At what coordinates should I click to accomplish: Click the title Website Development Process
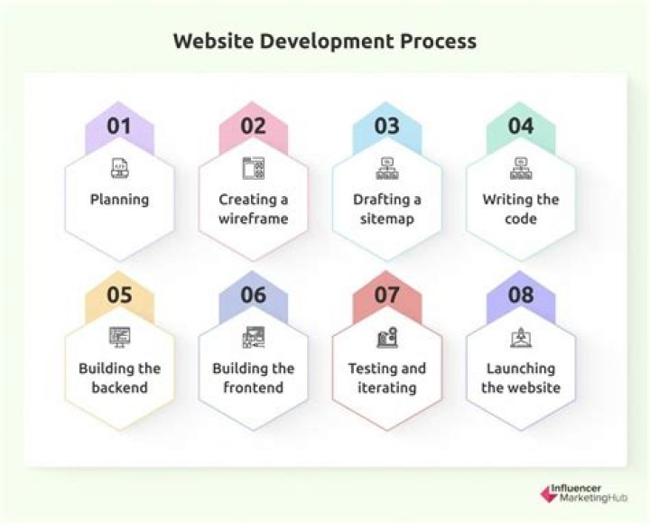[325, 42]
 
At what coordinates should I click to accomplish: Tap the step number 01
[119, 126]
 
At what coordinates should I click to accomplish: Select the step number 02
[254, 126]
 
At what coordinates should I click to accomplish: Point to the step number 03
[386, 126]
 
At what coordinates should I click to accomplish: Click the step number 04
[521, 126]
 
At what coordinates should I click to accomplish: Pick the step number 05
[119, 295]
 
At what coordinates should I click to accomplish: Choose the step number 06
[254, 295]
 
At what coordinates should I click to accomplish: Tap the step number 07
[386, 295]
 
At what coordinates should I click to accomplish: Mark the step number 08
[521, 295]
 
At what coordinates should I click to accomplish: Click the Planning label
[119, 200]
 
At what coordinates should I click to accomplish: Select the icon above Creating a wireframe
[253, 167]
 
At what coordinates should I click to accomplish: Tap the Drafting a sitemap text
[387, 209]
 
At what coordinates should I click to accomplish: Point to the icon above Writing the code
[521, 167]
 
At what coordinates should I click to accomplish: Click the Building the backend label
[119, 378]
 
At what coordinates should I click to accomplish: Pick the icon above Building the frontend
[253, 337]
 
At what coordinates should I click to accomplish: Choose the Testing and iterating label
[387, 378]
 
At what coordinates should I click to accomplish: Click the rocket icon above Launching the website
[521, 337]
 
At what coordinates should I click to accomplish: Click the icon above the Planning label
[119, 167]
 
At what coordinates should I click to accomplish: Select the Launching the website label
[521, 378]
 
